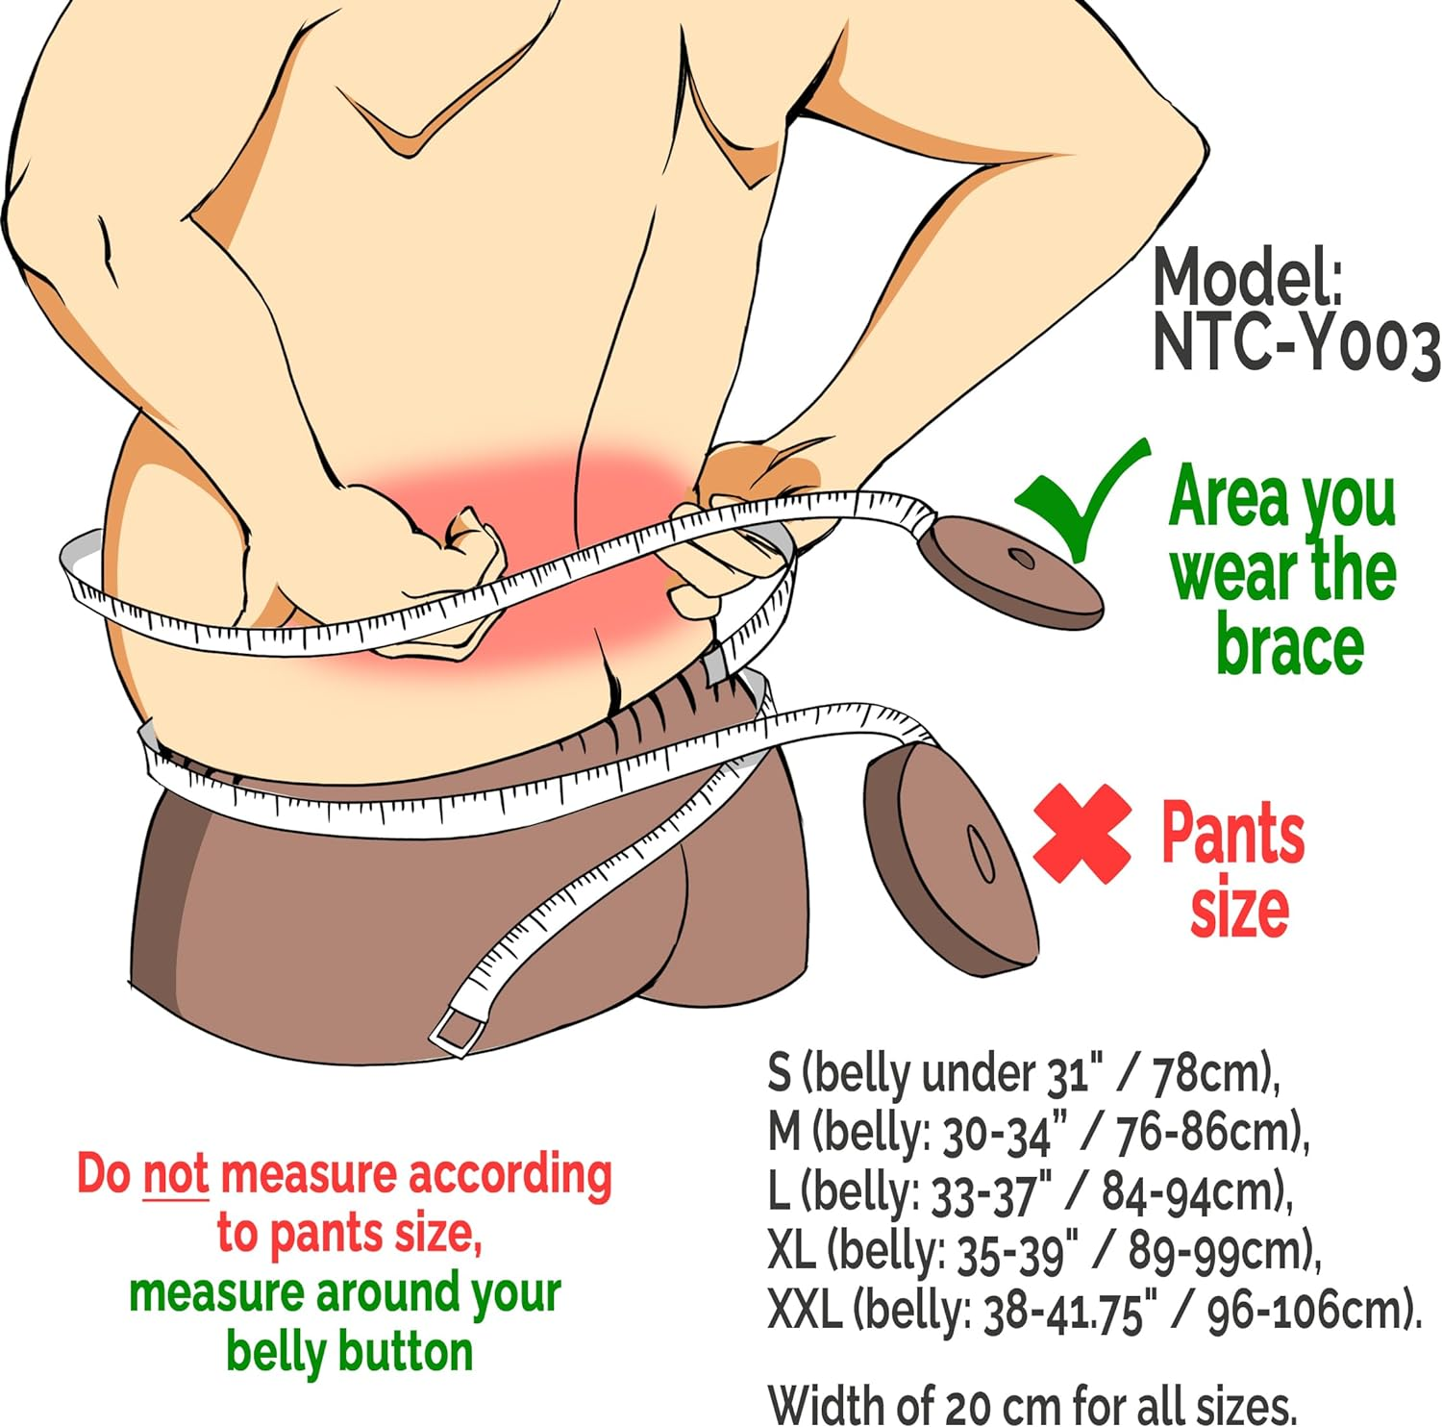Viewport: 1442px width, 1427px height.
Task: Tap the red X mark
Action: click(x=1082, y=833)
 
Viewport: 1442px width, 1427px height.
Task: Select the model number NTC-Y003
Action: click(x=1295, y=344)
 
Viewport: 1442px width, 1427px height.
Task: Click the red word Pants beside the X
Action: click(x=1233, y=832)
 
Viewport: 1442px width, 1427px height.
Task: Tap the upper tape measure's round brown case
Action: click(x=1008, y=571)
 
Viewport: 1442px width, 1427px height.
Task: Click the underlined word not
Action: click(x=175, y=1174)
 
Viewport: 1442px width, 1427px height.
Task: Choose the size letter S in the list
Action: click(x=779, y=1071)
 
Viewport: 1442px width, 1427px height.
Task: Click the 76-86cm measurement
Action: click(x=1208, y=1133)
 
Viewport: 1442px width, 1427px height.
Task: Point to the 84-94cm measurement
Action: click(x=1192, y=1192)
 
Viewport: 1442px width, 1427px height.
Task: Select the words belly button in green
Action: click(x=350, y=1351)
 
